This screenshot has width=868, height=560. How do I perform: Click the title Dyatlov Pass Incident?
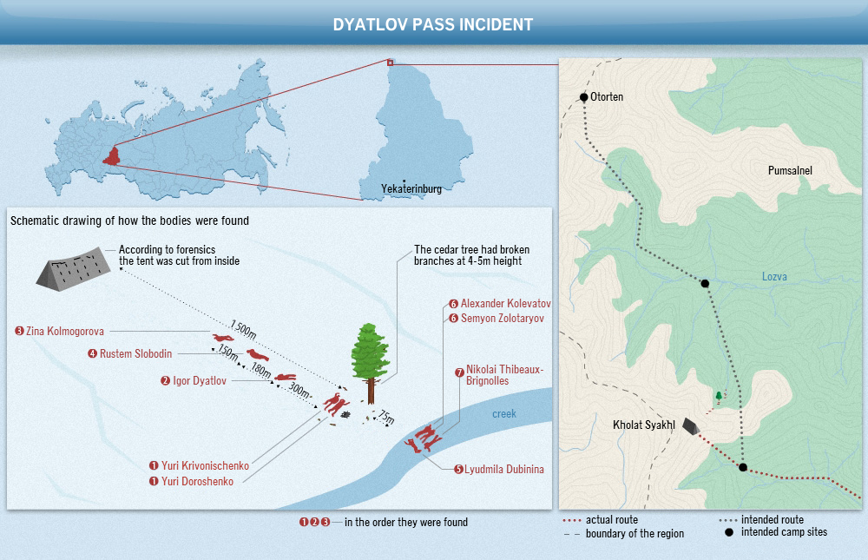(433, 24)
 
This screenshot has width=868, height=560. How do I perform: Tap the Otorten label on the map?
(607, 97)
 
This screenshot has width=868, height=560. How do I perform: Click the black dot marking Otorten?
(584, 96)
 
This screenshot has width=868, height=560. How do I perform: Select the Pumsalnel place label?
(790, 171)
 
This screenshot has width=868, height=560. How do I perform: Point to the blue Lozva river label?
(774, 277)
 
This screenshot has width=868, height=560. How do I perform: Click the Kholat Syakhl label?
(643, 425)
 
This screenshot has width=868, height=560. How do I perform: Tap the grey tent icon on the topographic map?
(691, 425)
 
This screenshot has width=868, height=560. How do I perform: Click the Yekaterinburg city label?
(411, 188)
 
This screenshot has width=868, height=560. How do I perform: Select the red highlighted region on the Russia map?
(111, 157)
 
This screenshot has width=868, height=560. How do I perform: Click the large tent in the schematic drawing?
(73, 267)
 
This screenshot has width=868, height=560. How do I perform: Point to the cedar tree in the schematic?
(370, 359)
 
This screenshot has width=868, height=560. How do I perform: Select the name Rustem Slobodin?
(136, 353)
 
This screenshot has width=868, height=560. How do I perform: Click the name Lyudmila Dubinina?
(504, 470)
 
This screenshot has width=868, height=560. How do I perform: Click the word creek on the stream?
(503, 414)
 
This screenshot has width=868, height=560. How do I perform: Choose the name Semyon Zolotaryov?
(502, 319)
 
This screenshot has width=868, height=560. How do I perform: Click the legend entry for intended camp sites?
(784, 532)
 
